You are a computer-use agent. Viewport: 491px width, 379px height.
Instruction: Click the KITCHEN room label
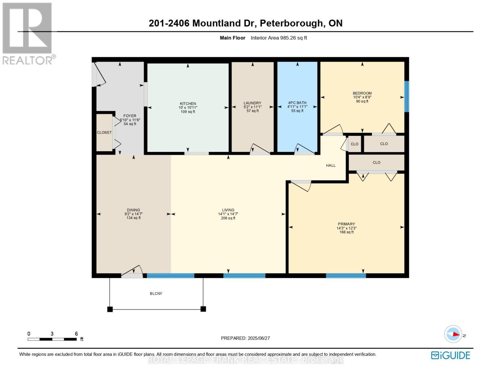coord(188,104)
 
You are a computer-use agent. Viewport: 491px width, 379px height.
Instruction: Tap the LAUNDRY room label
coord(252,103)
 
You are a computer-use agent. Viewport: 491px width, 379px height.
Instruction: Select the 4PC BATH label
coord(297,103)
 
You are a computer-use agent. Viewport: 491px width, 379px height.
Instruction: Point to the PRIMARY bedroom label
coord(346,224)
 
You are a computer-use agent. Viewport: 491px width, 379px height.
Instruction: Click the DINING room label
coord(133,210)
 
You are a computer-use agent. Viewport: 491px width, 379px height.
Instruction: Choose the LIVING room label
coord(228,210)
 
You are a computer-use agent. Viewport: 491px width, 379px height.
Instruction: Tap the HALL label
coord(331,165)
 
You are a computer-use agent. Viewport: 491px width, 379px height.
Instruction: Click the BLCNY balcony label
coord(156,294)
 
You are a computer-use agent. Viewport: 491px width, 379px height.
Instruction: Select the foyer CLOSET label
coord(104,133)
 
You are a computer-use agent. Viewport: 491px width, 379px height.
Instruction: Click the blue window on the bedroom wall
coord(407,96)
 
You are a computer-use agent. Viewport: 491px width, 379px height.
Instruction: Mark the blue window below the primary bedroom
coord(346,276)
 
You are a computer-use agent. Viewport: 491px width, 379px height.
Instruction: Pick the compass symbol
coord(453,334)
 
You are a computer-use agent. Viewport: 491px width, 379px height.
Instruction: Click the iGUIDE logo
coord(451,355)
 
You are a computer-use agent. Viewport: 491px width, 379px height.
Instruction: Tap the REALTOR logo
coord(28,33)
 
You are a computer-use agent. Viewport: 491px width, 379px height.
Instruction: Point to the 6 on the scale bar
coord(76,334)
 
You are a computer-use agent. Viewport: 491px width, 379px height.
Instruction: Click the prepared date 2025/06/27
coord(259,338)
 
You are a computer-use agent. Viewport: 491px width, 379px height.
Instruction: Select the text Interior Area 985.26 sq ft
coord(279,38)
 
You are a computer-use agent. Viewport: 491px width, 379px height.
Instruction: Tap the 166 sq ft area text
coord(346,232)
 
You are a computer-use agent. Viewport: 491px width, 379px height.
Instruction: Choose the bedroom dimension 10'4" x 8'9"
coord(362,97)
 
